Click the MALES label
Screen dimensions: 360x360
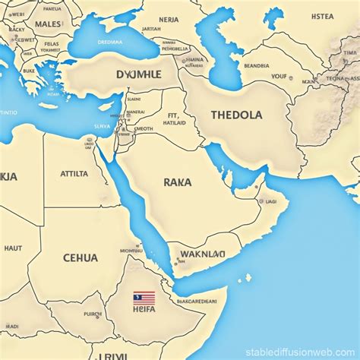pos(49,24)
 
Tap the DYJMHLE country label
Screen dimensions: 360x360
pos(139,75)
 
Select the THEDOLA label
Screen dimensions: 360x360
pos(237,115)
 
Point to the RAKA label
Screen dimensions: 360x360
pos(177,182)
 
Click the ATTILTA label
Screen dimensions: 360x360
pos(74,173)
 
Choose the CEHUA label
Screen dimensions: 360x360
pos(80,257)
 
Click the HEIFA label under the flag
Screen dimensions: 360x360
pos(144,308)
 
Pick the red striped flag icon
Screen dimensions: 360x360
pos(144,297)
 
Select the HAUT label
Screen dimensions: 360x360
pos(13,248)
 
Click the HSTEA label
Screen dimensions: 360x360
pos(322,16)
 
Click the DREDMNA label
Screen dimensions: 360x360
pos(109,43)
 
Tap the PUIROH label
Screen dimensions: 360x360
pos(93,314)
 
